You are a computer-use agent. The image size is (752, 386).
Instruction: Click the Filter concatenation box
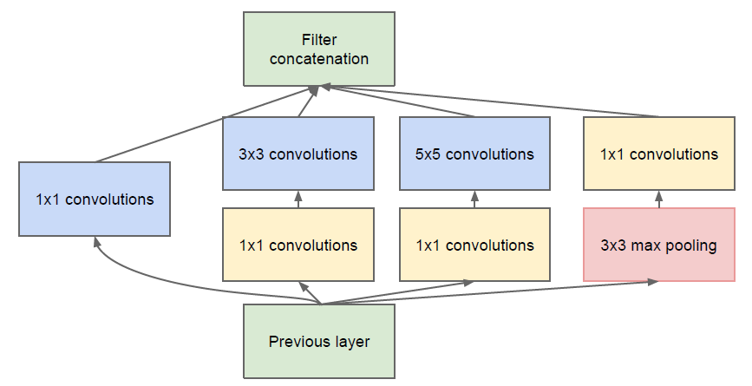click(x=319, y=49)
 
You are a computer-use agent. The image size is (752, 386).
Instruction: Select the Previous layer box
click(x=319, y=341)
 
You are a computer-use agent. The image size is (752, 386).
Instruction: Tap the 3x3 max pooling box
click(x=659, y=245)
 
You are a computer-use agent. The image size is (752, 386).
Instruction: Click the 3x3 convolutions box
click(x=298, y=154)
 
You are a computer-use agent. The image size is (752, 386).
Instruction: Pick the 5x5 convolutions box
click(x=474, y=154)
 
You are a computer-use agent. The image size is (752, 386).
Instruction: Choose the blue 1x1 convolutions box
click(x=95, y=199)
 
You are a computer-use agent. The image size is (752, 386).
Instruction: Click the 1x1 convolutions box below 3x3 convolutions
click(x=298, y=245)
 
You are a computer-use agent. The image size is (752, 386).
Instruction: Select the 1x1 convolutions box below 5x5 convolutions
click(x=474, y=245)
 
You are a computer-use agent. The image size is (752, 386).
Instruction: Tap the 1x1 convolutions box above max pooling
click(x=659, y=154)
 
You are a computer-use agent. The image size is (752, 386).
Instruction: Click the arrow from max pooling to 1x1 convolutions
click(x=659, y=199)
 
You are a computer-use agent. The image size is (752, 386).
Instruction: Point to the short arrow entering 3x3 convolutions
click(x=298, y=199)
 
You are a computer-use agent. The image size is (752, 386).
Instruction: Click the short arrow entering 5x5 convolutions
click(x=474, y=199)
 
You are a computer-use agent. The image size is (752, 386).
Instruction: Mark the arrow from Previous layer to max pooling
click(x=489, y=292)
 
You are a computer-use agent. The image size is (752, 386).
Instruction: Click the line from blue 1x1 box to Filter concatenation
click(x=206, y=124)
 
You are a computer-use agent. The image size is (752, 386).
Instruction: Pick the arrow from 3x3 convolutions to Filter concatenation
click(x=308, y=101)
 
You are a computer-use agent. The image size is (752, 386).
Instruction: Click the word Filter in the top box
click(x=319, y=39)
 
